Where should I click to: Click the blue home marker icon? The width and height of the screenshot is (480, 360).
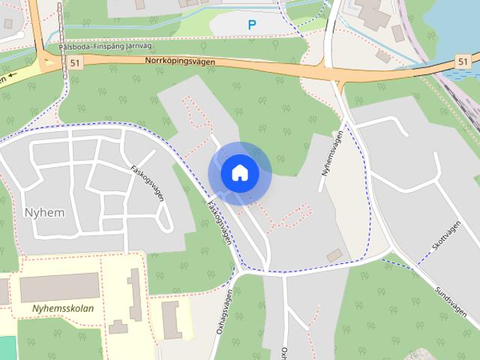239,173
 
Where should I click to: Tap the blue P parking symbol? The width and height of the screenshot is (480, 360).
252,25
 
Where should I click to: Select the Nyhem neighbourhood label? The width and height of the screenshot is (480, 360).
43,212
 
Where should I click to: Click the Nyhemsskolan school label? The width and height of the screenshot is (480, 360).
63,308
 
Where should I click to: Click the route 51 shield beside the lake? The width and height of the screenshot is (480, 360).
463,61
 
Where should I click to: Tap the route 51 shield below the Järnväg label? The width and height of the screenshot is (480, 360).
73,64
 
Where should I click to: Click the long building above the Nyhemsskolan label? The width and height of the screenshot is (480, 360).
59,288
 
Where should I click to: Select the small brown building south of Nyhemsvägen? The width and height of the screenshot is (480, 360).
334,255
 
